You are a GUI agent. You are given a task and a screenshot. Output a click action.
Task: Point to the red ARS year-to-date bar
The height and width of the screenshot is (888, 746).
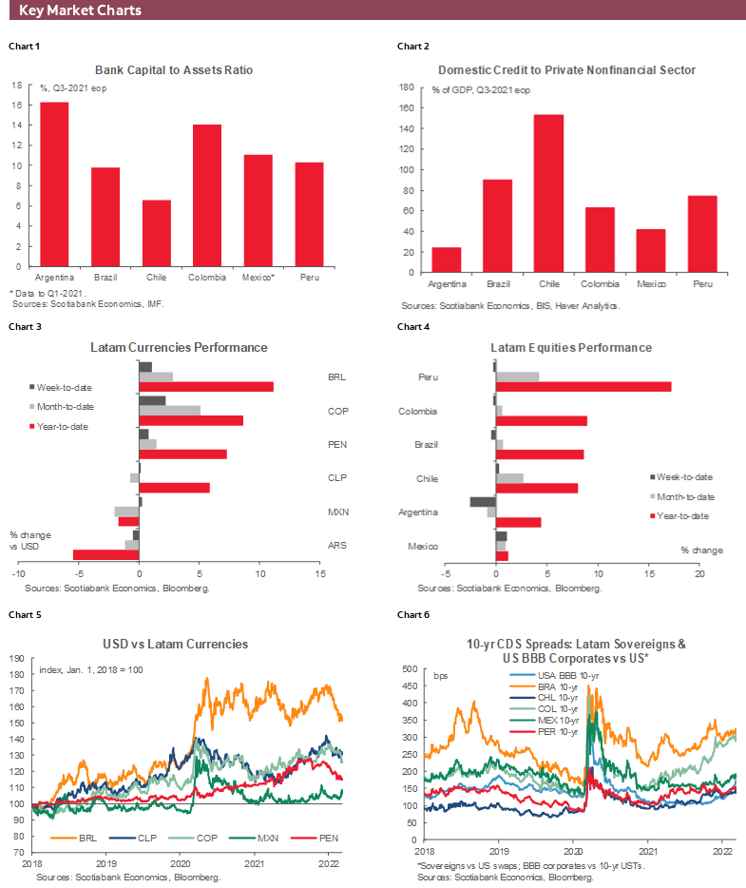pyautogui.click(x=105, y=554)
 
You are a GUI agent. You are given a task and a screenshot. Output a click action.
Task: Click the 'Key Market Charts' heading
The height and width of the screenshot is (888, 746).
pyautogui.click(x=81, y=10)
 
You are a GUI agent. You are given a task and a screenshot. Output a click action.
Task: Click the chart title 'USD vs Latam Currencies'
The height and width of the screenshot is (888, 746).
pyautogui.click(x=181, y=644)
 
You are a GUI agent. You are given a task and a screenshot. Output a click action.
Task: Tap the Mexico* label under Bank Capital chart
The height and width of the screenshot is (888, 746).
pyautogui.click(x=259, y=277)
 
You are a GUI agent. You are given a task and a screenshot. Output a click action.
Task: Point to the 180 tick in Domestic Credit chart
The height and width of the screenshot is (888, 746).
pyautogui.click(x=406, y=87)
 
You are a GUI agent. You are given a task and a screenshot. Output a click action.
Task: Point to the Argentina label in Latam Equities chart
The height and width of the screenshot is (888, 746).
pyautogui.click(x=418, y=512)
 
